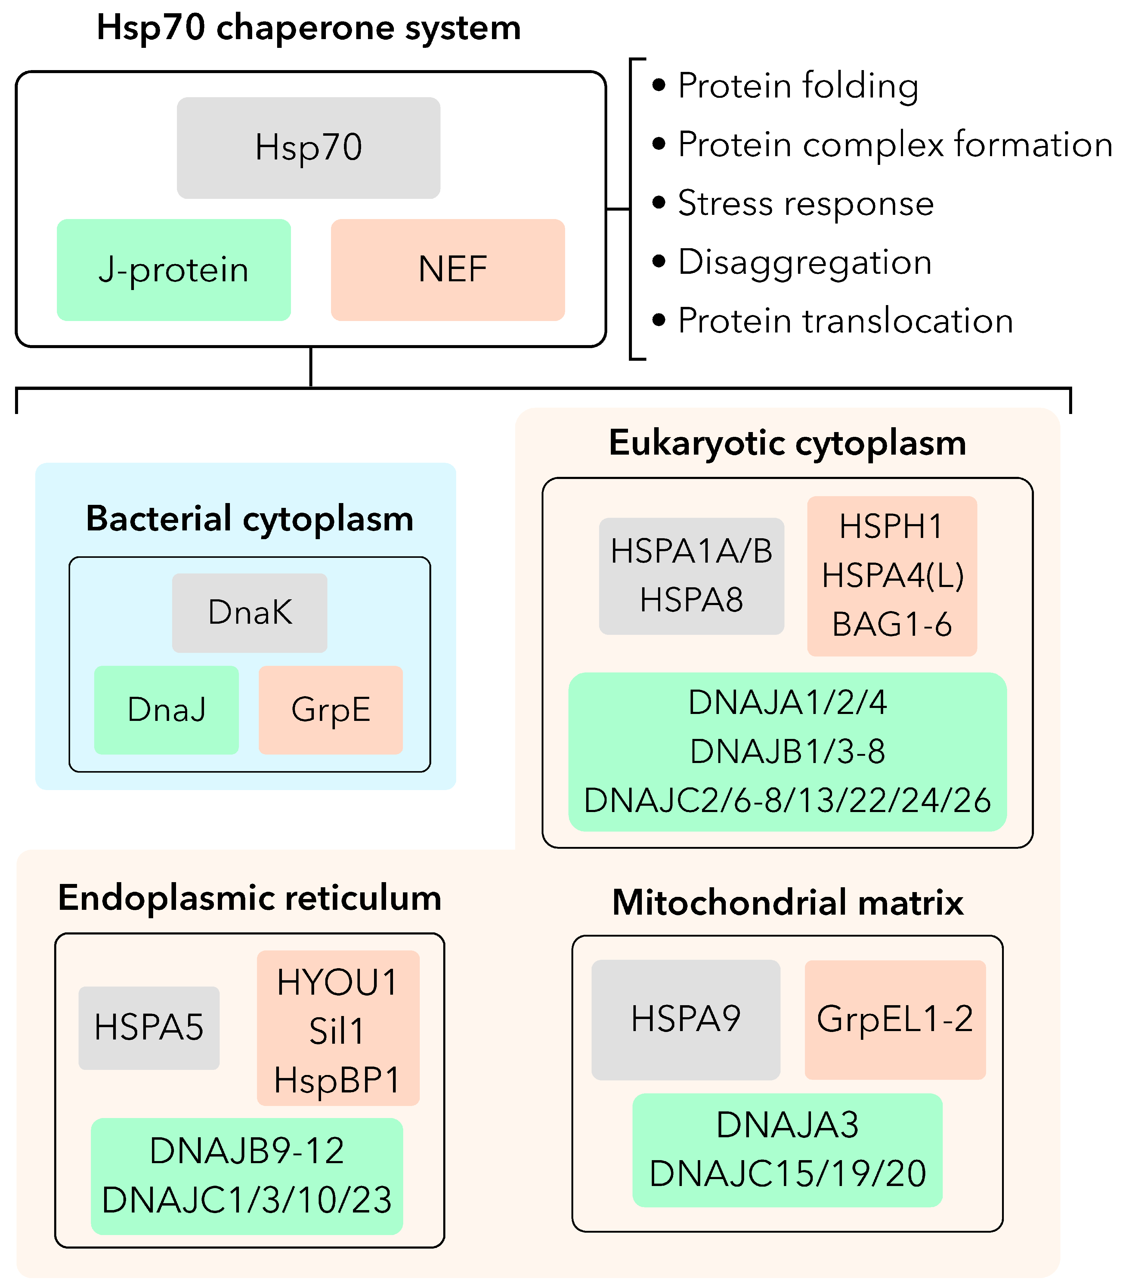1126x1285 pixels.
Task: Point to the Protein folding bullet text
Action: (x=798, y=86)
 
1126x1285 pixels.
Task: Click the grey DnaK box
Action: (x=249, y=613)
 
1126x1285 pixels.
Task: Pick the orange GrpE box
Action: (x=330, y=710)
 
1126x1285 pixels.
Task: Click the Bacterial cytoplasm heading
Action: (x=249, y=519)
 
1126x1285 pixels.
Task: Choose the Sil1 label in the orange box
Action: (x=337, y=1031)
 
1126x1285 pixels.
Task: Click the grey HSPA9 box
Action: (x=685, y=1018)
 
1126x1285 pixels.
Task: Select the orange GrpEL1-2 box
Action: (x=895, y=1018)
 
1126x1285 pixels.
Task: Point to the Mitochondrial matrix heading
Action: (x=787, y=903)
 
